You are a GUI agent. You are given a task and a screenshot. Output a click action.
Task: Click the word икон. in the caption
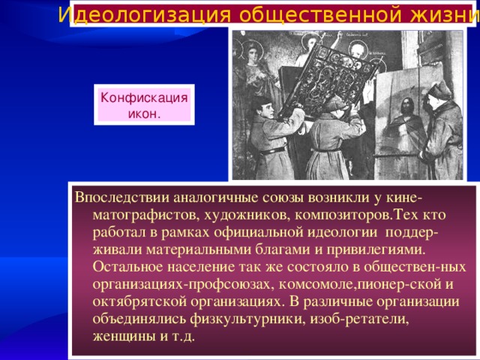144,114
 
